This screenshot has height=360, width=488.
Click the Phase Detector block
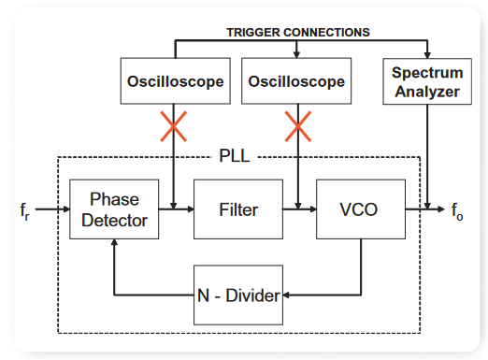114,209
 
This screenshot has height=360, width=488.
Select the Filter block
238,209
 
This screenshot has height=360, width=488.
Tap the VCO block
361,209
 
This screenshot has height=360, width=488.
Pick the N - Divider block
238,295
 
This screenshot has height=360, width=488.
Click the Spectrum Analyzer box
427,81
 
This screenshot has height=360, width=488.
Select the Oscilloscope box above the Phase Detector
176,80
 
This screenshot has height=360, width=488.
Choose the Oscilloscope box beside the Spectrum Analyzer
296,80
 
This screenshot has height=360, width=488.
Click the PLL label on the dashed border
235,155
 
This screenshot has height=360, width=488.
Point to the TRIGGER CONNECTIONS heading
298,33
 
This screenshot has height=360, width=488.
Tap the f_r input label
24,211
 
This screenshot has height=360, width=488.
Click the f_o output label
457,211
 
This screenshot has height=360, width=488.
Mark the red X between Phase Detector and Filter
174,126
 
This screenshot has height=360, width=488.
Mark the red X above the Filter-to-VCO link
298,126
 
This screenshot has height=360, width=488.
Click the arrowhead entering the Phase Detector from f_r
66,209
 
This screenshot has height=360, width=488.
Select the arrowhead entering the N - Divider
286,295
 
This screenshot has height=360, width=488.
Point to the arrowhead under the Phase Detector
114,242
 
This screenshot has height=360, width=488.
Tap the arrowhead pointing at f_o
441,209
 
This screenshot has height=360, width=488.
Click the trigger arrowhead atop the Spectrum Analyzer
427,55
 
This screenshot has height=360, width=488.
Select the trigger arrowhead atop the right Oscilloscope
296,54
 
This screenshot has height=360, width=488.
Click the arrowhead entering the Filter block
191,209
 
